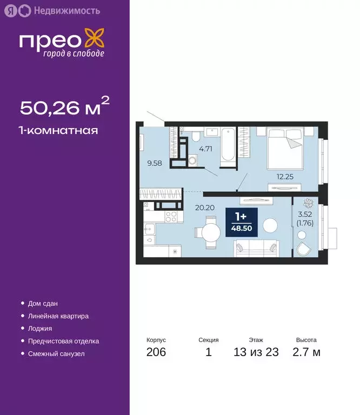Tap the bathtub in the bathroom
228,144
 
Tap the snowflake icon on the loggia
310,204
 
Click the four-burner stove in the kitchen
171,217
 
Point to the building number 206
156,353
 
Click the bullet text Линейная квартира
58,316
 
